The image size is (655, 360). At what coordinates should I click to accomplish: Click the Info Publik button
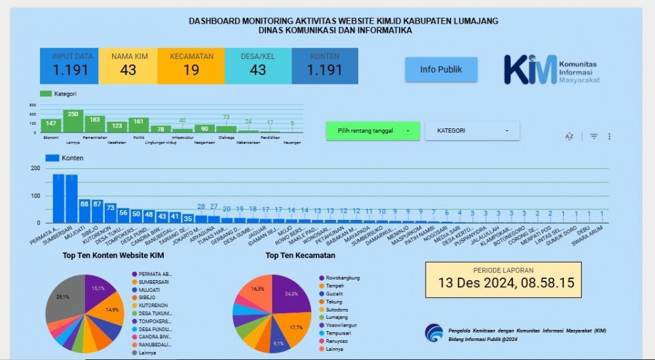coord(441,69)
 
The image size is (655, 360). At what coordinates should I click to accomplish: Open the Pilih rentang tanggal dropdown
coord(373,131)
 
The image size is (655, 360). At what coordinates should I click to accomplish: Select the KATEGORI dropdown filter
coord(472,131)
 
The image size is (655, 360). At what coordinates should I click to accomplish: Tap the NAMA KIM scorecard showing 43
coord(128,65)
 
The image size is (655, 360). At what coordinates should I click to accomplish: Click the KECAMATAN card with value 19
coord(191,65)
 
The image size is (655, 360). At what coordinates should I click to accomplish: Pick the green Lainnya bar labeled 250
coord(73,122)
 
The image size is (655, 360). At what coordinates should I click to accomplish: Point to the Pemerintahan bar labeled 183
coord(94,124)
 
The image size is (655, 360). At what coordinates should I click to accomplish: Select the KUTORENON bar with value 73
coord(110,213)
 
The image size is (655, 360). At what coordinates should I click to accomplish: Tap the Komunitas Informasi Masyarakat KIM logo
coord(551,69)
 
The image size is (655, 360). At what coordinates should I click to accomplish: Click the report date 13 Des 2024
coord(503,283)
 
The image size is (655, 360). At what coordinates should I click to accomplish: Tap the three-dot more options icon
coord(609,136)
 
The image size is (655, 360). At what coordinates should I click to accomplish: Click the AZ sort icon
coord(569,136)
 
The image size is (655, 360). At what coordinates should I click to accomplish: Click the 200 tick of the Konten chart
coord(35,169)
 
